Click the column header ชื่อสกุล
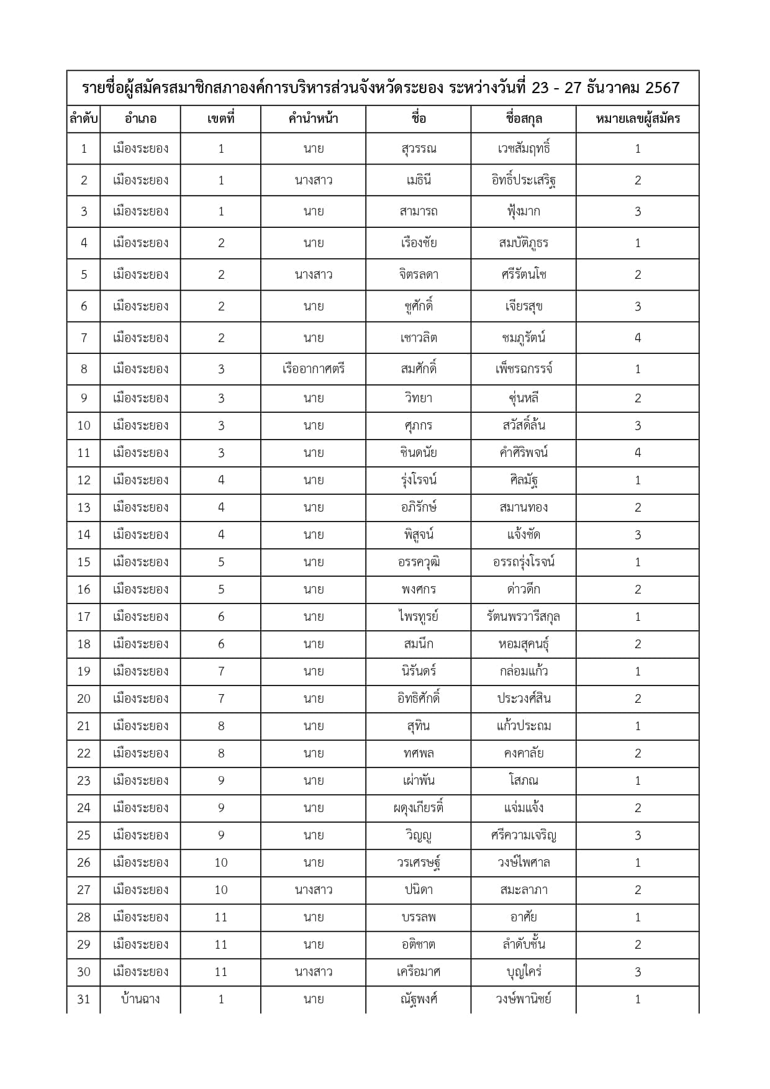click(523, 119)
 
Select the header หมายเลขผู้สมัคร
click(638, 119)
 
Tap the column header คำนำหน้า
click(314, 119)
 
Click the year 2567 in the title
click(663, 88)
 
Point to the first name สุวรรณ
click(419, 149)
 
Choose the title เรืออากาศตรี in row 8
click(314, 369)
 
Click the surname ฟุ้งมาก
click(523, 212)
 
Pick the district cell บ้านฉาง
click(140, 999)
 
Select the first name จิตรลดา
click(419, 274)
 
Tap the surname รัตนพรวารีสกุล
click(523, 617)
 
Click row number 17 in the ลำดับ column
click(84, 617)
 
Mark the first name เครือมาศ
click(419, 972)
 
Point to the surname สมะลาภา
click(523, 890)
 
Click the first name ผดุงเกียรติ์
click(419, 808)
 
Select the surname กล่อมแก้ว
click(523, 671)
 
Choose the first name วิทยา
click(419, 398)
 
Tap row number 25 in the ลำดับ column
click(84, 835)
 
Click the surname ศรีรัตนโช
click(523, 274)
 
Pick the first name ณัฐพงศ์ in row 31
click(419, 999)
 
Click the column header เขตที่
click(221, 119)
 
